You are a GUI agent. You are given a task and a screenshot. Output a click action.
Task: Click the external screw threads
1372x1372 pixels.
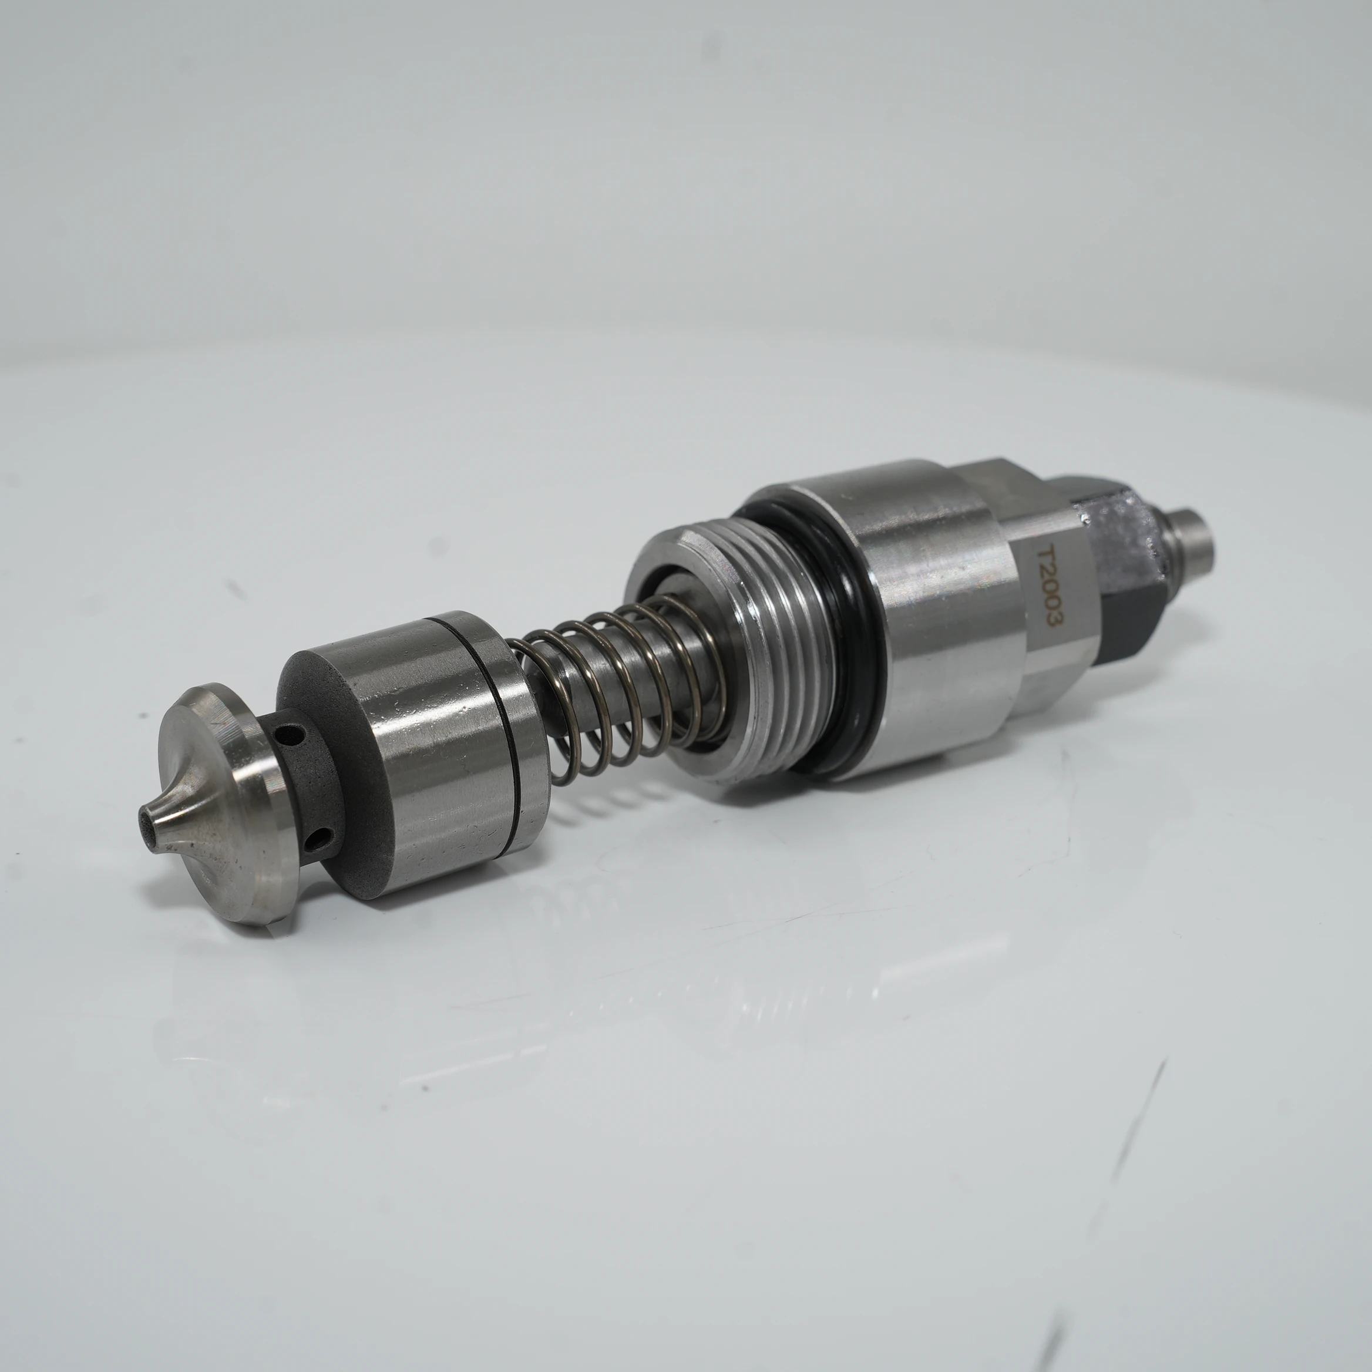tap(774, 639)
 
